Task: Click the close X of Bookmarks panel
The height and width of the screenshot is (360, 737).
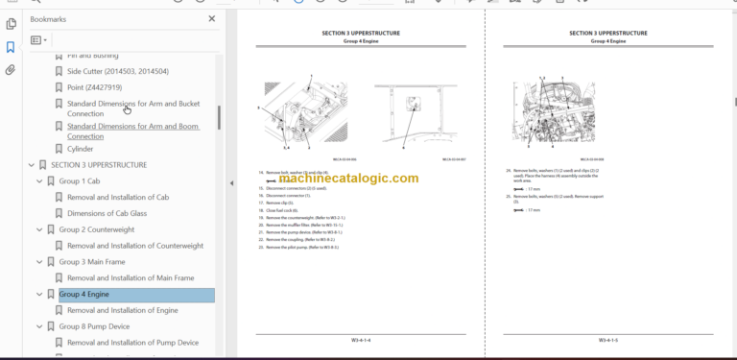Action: tap(212, 18)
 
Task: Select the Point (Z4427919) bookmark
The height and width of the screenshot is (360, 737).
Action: tap(94, 87)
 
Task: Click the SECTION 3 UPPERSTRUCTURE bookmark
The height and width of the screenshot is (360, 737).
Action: tap(98, 165)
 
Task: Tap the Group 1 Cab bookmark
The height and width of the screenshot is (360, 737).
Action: tap(79, 181)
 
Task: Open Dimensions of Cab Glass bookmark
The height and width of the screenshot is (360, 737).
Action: tap(120, 213)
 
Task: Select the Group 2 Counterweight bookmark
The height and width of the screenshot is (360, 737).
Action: tap(96, 229)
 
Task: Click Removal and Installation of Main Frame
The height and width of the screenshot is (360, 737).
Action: tap(131, 278)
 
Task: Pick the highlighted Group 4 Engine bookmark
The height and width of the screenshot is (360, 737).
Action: tap(84, 295)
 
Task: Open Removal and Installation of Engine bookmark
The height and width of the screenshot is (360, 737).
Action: tap(122, 310)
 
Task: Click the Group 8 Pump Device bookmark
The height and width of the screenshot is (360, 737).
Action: tap(94, 326)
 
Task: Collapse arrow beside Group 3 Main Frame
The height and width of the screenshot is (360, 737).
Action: tap(39, 262)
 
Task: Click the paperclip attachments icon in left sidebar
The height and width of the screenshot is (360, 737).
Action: tap(11, 70)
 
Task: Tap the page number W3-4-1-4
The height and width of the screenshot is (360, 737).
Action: tap(361, 339)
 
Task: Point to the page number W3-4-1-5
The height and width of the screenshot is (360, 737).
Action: tap(608, 339)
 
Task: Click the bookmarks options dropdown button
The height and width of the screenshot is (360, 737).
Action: tap(38, 40)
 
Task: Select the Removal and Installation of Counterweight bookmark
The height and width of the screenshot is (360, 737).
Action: tap(135, 246)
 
